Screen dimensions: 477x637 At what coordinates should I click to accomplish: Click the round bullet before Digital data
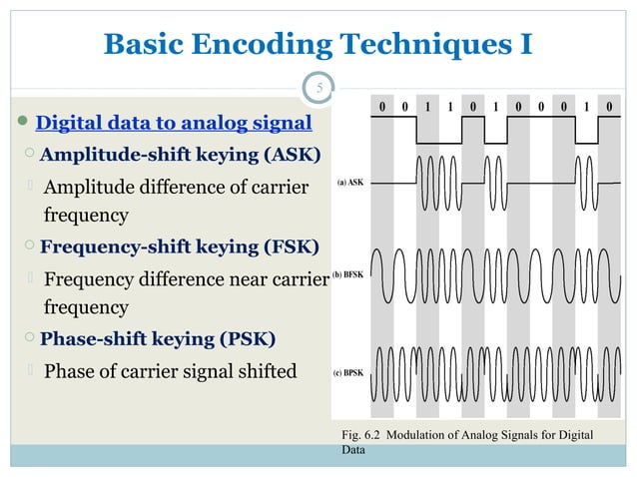pos(24,124)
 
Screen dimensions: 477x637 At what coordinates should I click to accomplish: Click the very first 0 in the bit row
pos(381,106)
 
